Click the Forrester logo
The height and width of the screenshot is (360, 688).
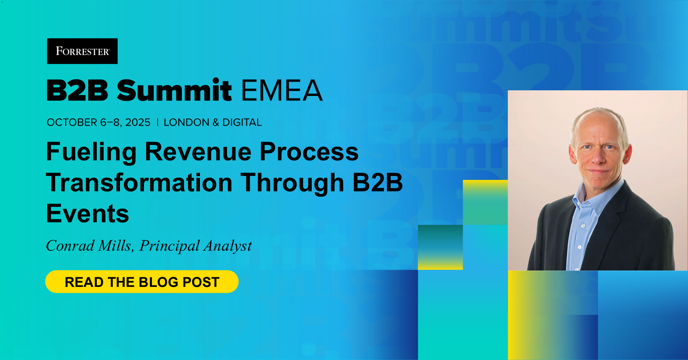click(x=82, y=51)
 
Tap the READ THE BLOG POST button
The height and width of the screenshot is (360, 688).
click(x=142, y=282)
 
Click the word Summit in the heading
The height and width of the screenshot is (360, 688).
click(x=174, y=90)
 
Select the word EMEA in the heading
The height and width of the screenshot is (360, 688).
click(x=282, y=90)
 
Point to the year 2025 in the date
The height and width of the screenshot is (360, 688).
click(x=138, y=122)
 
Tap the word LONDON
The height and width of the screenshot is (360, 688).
click(x=187, y=122)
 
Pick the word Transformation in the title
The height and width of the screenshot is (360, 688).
click(x=139, y=182)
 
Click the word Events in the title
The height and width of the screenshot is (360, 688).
click(x=88, y=213)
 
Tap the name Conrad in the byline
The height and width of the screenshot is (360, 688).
click(x=71, y=246)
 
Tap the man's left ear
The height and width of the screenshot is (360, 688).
click(x=628, y=154)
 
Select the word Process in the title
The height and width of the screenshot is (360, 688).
click(x=309, y=152)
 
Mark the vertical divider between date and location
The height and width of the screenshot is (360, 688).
click(x=157, y=122)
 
